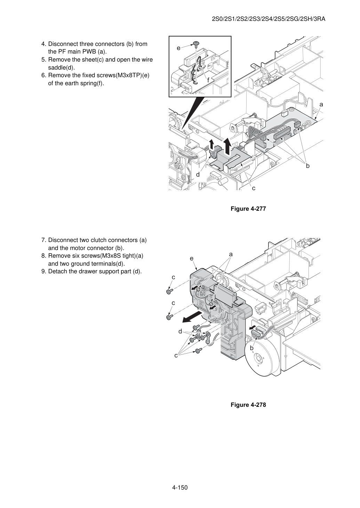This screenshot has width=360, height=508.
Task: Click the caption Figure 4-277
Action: [248, 209]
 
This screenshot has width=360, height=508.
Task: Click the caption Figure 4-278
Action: [248, 405]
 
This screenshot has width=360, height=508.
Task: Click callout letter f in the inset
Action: [208, 80]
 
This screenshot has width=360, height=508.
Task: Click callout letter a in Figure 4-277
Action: [321, 105]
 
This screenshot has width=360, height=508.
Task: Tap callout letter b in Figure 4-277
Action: [307, 166]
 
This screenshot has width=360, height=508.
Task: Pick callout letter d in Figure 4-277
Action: [198, 175]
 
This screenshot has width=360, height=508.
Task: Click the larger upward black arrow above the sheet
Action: [228, 146]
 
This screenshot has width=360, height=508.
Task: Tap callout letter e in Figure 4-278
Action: [192, 258]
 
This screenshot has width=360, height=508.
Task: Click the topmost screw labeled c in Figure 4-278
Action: [169, 292]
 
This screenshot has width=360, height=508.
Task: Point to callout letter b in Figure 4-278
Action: [251, 348]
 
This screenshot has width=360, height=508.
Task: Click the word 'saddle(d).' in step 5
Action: [62, 67]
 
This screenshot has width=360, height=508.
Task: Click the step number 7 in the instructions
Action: [44, 240]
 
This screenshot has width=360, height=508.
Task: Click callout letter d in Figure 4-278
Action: [180, 332]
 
